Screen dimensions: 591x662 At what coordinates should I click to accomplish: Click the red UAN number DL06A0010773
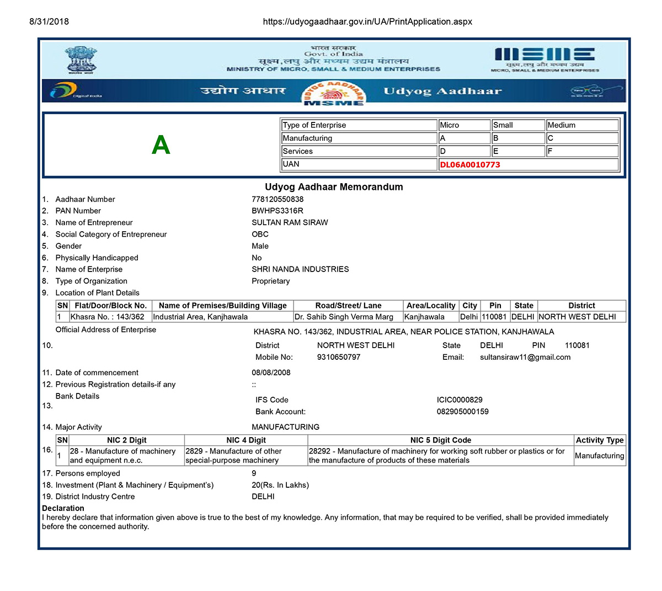(x=470, y=164)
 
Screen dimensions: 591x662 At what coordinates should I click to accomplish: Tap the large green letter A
(x=161, y=145)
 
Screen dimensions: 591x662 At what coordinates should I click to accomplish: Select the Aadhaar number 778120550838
(x=277, y=199)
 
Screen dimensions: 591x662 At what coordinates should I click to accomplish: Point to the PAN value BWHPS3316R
(x=277, y=211)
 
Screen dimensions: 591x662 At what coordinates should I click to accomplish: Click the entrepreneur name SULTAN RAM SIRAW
(x=290, y=222)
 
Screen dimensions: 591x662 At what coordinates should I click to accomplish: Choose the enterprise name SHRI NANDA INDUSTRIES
(x=300, y=269)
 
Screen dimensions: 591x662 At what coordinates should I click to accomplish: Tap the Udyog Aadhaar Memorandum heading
(x=334, y=187)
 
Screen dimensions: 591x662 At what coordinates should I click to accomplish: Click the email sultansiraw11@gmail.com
(x=525, y=357)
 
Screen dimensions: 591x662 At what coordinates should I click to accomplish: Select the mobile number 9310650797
(x=339, y=357)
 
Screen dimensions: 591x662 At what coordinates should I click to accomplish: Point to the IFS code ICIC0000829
(x=460, y=400)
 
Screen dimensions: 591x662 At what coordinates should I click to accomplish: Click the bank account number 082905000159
(x=462, y=411)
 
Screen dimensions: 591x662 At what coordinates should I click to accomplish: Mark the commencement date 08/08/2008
(x=271, y=372)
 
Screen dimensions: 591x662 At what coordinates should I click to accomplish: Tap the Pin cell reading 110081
(x=494, y=317)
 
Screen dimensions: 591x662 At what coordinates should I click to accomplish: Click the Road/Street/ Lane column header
(x=348, y=306)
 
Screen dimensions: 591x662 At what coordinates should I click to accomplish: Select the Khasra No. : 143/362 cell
(x=108, y=317)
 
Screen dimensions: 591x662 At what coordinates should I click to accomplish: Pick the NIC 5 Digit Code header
(x=440, y=440)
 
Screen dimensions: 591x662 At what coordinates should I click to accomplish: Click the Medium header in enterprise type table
(x=561, y=125)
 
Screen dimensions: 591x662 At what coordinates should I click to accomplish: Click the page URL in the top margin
(x=367, y=22)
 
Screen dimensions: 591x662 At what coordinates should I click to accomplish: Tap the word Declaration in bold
(x=63, y=508)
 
